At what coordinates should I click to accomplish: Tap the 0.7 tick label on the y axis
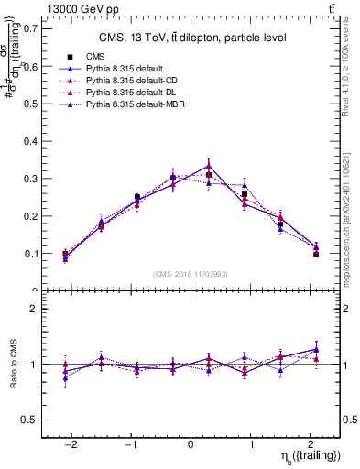pyautogui.click(x=29, y=28)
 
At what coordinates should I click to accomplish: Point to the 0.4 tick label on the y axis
pyautogui.click(x=29, y=141)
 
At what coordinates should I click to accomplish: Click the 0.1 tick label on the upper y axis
pyautogui.click(x=29, y=254)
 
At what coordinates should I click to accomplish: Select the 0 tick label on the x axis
pyautogui.click(x=191, y=443)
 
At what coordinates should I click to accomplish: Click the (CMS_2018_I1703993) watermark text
pyautogui.click(x=191, y=274)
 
